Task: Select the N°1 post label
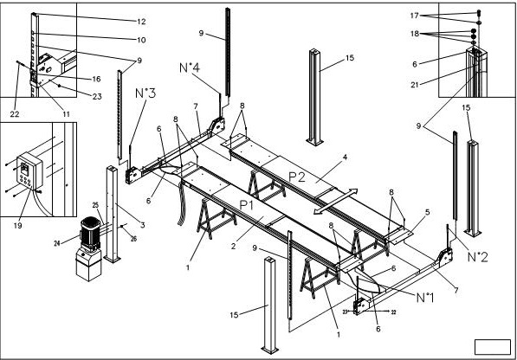pos(424,297)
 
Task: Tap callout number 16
pos(96,79)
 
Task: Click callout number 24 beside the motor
pos(57,243)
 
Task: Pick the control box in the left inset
pos(29,173)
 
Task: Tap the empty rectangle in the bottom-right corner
pos(493,346)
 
